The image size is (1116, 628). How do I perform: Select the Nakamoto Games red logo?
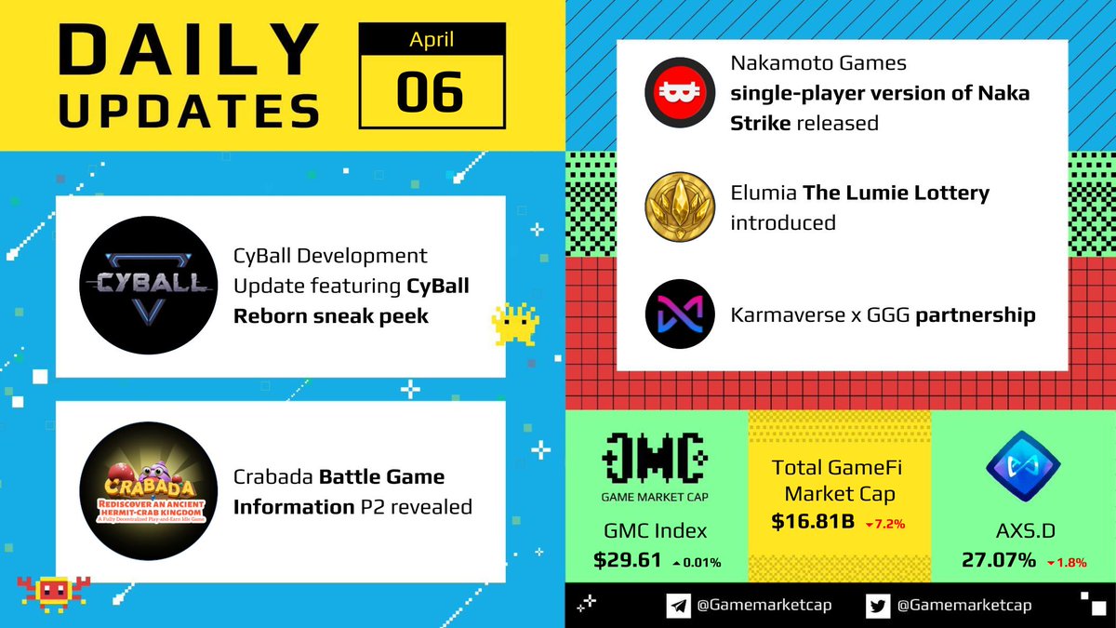coord(680,96)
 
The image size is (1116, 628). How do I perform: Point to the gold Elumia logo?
coord(680,204)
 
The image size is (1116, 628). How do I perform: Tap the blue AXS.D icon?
coord(1022,469)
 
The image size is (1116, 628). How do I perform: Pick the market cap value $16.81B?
coord(813,522)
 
